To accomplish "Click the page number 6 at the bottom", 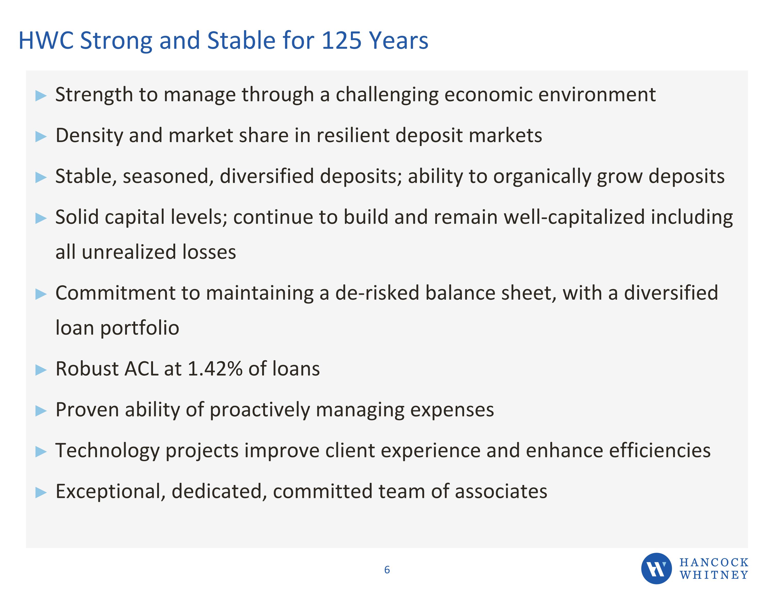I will pos(387,570).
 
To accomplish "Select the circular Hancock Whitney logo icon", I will pos(656,569).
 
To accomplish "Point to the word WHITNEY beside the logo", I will pos(714,575).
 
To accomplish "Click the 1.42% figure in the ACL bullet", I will pos(214,369).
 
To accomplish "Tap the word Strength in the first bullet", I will pos(94,95).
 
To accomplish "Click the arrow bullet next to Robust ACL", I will pos(41,370).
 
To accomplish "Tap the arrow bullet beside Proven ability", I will pos(41,411).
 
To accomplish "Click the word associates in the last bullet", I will pos(501,492).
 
